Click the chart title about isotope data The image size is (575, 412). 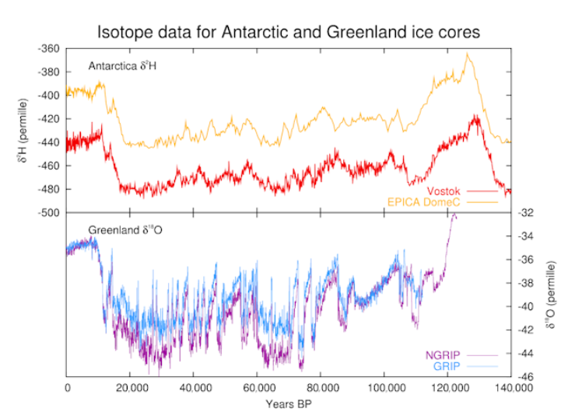[x=289, y=33]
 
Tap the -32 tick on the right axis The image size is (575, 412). [x=525, y=212]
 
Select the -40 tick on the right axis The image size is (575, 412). [x=525, y=306]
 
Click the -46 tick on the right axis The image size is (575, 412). [x=525, y=377]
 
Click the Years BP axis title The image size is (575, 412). [x=289, y=403]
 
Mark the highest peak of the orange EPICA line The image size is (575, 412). [x=468, y=54]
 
